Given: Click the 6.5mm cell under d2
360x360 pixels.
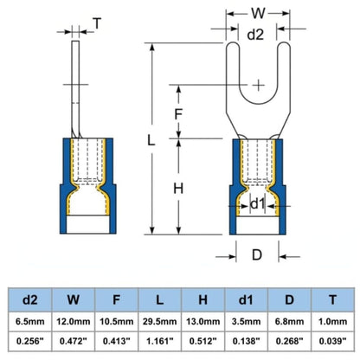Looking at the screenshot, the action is pyautogui.click(x=30, y=321).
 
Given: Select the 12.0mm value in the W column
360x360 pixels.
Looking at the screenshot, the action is pyautogui.click(x=74, y=321).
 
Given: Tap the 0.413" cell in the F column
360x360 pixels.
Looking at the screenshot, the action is pyautogui.click(x=117, y=341).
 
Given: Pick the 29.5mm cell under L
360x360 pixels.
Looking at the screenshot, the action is pyautogui.click(x=160, y=321).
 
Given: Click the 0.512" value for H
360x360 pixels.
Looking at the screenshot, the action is pyautogui.click(x=203, y=341).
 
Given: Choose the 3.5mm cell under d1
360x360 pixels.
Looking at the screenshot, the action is pyautogui.click(x=246, y=321).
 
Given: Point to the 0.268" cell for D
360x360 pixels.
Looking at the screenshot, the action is pyautogui.click(x=289, y=341).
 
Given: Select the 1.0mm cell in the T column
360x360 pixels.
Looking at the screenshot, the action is pyautogui.click(x=332, y=321).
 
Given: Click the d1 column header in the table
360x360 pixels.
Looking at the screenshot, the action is pyautogui.click(x=246, y=299).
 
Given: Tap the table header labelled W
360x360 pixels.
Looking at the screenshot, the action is pyautogui.click(x=74, y=299).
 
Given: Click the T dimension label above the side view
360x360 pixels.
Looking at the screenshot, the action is pyautogui.click(x=98, y=23).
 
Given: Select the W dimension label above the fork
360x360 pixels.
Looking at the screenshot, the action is pyautogui.click(x=258, y=13).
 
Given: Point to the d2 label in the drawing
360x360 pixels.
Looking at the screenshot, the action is pyautogui.click(x=255, y=35).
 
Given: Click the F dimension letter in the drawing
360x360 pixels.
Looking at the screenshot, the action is pyautogui.click(x=178, y=114).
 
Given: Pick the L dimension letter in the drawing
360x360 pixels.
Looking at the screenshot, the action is pyautogui.click(x=151, y=140).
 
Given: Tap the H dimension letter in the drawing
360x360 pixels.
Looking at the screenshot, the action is pyautogui.click(x=178, y=189).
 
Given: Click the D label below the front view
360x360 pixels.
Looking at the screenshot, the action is pyautogui.click(x=257, y=255).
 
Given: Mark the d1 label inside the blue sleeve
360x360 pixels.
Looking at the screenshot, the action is pyautogui.click(x=258, y=204).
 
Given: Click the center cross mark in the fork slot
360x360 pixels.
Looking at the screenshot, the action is pyautogui.click(x=259, y=85).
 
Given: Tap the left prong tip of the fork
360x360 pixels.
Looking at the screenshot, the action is pyautogui.click(x=233, y=42).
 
